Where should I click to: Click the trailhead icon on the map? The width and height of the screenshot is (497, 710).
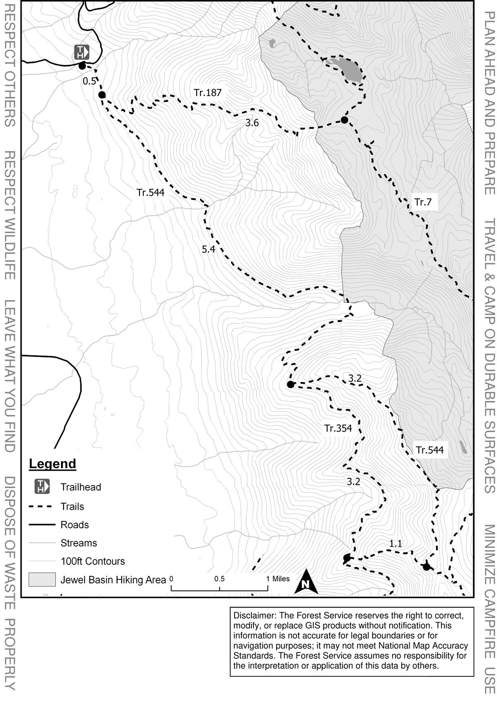click(x=82, y=52)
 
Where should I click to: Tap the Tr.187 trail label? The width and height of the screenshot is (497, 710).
click(x=207, y=93)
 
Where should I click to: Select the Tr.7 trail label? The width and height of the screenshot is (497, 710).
click(x=423, y=202)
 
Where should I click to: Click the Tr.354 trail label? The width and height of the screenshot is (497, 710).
click(x=338, y=428)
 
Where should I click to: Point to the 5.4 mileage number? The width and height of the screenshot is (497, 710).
click(x=208, y=249)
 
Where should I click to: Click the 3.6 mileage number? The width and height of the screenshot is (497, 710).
click(x=252, y=123)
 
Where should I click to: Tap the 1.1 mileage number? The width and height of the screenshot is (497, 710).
click(x=396, y=543)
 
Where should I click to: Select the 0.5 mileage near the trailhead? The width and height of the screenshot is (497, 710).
click(x=89, y=81)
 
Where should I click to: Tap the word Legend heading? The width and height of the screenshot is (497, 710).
click(x=53, y=464)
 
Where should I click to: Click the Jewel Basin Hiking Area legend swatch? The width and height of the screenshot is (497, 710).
click(x=42, y=580)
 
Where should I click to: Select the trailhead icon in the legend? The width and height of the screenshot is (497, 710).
click(x=42, y=486)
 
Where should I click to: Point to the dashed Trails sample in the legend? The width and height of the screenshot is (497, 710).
click(x=42, y=507)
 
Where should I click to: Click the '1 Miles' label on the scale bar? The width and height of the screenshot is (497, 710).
click(x=278, y=579)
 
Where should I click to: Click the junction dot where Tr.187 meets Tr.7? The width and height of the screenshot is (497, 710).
click(x=344, y=120)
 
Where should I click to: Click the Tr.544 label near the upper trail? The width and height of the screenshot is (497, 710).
click(x=150, y=193)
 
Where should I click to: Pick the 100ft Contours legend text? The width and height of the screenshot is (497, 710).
click(x=92, y=561)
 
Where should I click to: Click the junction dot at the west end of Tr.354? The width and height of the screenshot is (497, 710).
click(x=290, y=384)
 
